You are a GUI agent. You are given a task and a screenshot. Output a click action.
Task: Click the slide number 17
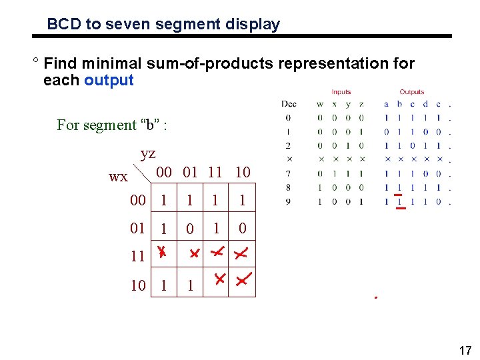point(465,349)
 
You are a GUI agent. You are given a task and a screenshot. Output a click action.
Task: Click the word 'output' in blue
point(109,81)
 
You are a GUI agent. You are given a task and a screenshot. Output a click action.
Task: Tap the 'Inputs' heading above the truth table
point(341,92)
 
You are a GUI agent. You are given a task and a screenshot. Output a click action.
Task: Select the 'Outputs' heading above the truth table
point(411,92)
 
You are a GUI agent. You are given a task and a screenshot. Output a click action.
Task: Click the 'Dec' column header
point(289,104)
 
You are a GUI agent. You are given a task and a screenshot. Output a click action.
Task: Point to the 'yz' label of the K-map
point(148,153)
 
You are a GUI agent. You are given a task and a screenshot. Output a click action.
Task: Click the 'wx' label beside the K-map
point(118,177)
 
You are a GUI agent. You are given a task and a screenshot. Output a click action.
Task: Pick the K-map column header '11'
point(215,172)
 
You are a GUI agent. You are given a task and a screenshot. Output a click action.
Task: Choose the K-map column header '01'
point(190,172)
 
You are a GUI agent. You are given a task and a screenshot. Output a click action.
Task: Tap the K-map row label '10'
point(138,285)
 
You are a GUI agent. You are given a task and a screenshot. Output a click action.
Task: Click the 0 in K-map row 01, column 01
point(190,229)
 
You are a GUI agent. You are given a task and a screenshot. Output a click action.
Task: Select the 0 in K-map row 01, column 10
point(243,229)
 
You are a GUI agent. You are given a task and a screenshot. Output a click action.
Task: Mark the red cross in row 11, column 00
point(162,253)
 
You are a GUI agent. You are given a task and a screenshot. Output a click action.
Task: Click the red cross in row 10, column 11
point(218,279)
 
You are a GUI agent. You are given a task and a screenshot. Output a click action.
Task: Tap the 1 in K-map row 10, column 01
point(190,286)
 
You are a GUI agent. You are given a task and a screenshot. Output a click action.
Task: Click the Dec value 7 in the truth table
point(289,173)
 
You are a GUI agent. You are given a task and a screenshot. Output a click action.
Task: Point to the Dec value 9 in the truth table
point(289,201)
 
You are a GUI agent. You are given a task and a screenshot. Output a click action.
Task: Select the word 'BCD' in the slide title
point(63,25)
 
